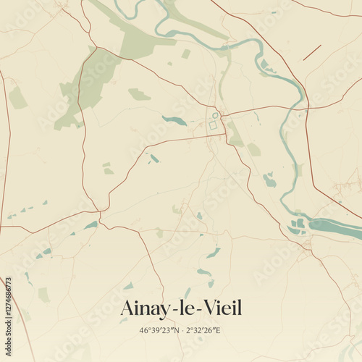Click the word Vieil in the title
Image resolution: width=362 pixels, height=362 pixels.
pyautogui.click(x=220, y=308)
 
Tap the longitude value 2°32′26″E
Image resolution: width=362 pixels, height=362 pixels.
pyautogui.click(x=202, y=330)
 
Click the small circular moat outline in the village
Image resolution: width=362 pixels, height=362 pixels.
pyautogui.click(x=215, y=115)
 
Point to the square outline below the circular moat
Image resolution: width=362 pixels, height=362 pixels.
pyautogui.click(x=213, y=125)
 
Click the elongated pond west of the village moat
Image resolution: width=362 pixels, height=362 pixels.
pyautogui.click(x=174, y=120)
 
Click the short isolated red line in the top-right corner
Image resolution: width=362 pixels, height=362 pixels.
pyautogui.click(x=312, y=52)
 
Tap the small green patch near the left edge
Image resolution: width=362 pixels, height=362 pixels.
pyautogui.click(x=17, y=98)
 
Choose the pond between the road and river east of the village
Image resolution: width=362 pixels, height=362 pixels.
pyautogui.click(x=269, y=180)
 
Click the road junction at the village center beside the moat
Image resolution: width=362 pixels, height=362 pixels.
pyautogui.click(x=222, y=116)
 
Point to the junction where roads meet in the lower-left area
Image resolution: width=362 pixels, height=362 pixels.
pyautogui.click(x=99, y=214)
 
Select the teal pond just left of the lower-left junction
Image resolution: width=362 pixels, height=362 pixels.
pyautogui.click(x=90, y=225)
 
